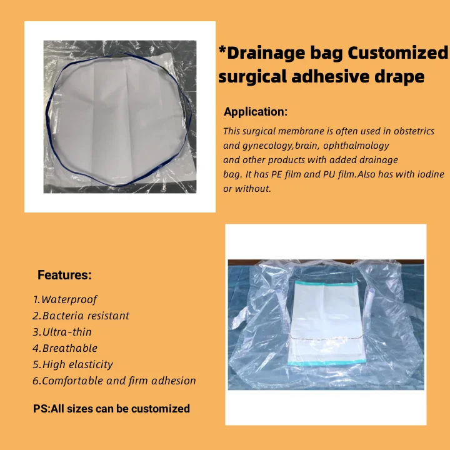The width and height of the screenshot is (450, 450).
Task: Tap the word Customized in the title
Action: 397,53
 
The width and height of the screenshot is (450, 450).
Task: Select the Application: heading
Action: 256,112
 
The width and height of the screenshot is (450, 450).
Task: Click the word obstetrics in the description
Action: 409,132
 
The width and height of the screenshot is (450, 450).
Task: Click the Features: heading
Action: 64,275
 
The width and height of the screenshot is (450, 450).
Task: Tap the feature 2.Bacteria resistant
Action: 81,316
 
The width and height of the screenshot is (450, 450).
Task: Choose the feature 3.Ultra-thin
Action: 62,332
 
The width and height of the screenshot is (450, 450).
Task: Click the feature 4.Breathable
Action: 65,349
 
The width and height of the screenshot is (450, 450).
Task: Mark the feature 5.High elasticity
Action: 73,365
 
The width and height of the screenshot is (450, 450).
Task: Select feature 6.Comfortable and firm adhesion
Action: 114,381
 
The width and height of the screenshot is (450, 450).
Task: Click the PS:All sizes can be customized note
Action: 111,409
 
